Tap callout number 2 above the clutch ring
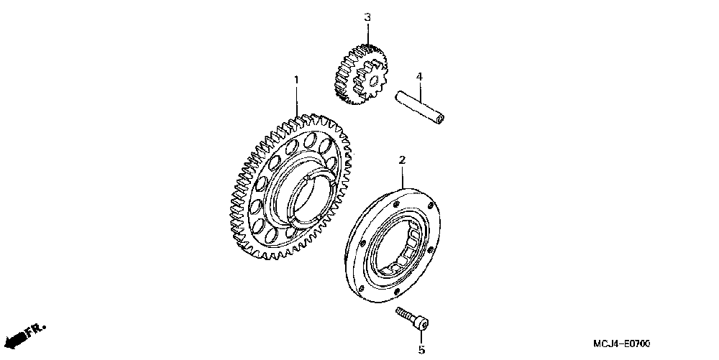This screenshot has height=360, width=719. pyautogui.click(x=402, y=160)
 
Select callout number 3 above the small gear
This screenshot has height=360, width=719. pyautogui.click(x=367, y=17)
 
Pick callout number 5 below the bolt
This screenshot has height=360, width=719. pyautogui.click(x=422, y=351)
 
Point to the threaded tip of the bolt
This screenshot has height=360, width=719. pyautogui.click(x=399, y=310)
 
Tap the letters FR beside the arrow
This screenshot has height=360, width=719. pyautogui.click(x=35, y=329)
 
